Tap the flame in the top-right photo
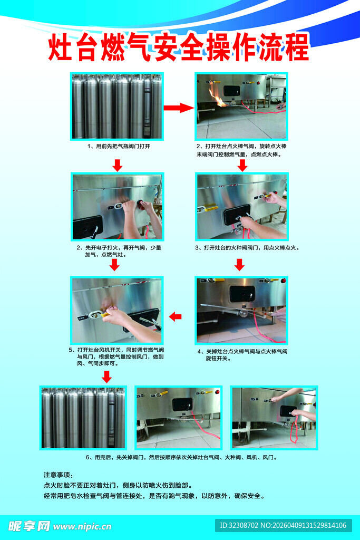[x=218, y=98]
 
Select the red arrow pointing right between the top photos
[x=179, y=108]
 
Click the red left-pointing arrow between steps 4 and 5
[x=175, y=316]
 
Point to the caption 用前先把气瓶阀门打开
[x=119, y=146]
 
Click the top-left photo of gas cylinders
[x=117, y=106]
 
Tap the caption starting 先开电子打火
[x=119, y=250]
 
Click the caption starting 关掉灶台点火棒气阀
[x=242, y=354]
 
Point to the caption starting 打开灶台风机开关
[x=115, y=356]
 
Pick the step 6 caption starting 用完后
[x=181, y=457]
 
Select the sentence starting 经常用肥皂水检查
[x=154, y=496]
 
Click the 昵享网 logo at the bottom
[x=28, y=525]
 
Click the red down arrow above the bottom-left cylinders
[x=106, y=376]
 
